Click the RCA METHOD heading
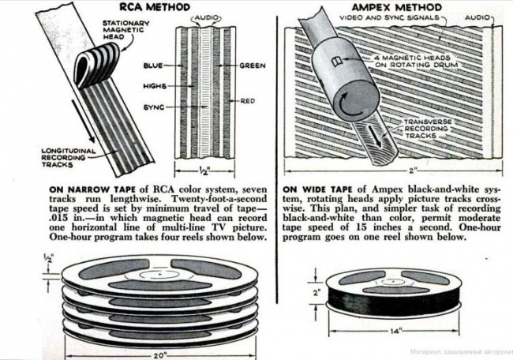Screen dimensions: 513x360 tap(155, 6)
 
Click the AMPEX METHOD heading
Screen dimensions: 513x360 tap(396, 7)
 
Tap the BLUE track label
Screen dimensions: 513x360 tap(153, 66)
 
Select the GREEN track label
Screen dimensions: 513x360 tap(253, 66)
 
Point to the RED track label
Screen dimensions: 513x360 tap(248, 101)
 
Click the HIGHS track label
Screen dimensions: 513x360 tap(155, 86)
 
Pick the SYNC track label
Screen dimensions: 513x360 tap(154, 107)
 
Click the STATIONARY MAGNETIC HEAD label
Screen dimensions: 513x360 tap(126, 30)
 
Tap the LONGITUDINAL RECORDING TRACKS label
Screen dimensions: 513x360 tap(69, 157)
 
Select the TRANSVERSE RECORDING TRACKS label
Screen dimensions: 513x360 tap(428, 129)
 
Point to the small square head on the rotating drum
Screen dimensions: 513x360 tap(336, 61)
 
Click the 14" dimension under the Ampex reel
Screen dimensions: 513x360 tap(395, 332)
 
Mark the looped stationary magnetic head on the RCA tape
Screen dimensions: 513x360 tap(96, 65)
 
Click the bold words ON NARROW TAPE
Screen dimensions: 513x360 tap(92, 189)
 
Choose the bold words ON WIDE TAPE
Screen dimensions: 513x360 tap(317, 189)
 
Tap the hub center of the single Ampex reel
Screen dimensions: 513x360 tap(391, 281)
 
